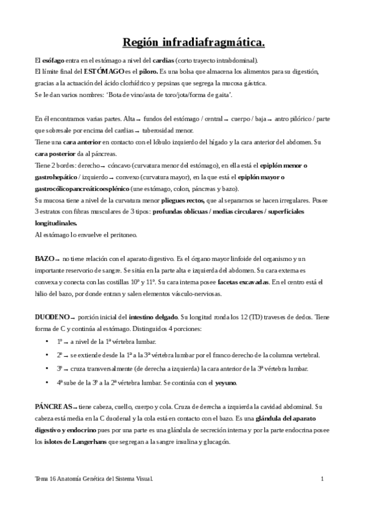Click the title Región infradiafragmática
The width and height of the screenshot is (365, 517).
coord(194,42)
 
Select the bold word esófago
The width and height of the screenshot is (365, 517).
coord(54,61)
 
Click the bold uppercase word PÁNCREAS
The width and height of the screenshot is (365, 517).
coord(54,406)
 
